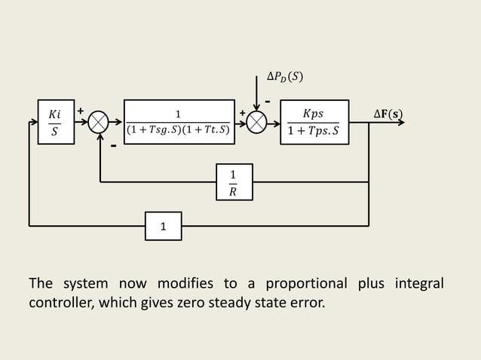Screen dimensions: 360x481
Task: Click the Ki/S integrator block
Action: (55, 122)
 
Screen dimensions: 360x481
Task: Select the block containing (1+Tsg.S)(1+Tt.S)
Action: (179, 122)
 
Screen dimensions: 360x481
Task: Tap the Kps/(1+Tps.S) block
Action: (314, 122)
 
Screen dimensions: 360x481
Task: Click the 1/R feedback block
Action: (234, 182)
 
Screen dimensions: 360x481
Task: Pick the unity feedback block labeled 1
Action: (163, 225)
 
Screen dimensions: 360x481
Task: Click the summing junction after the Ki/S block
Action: (99, 122)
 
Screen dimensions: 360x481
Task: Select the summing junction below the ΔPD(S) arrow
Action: (257, 122)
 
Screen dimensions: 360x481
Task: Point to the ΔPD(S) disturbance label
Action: (286, 77)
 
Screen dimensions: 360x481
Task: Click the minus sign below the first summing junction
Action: (113, 146)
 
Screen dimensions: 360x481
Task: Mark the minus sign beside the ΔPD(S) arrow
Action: (268, 100)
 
